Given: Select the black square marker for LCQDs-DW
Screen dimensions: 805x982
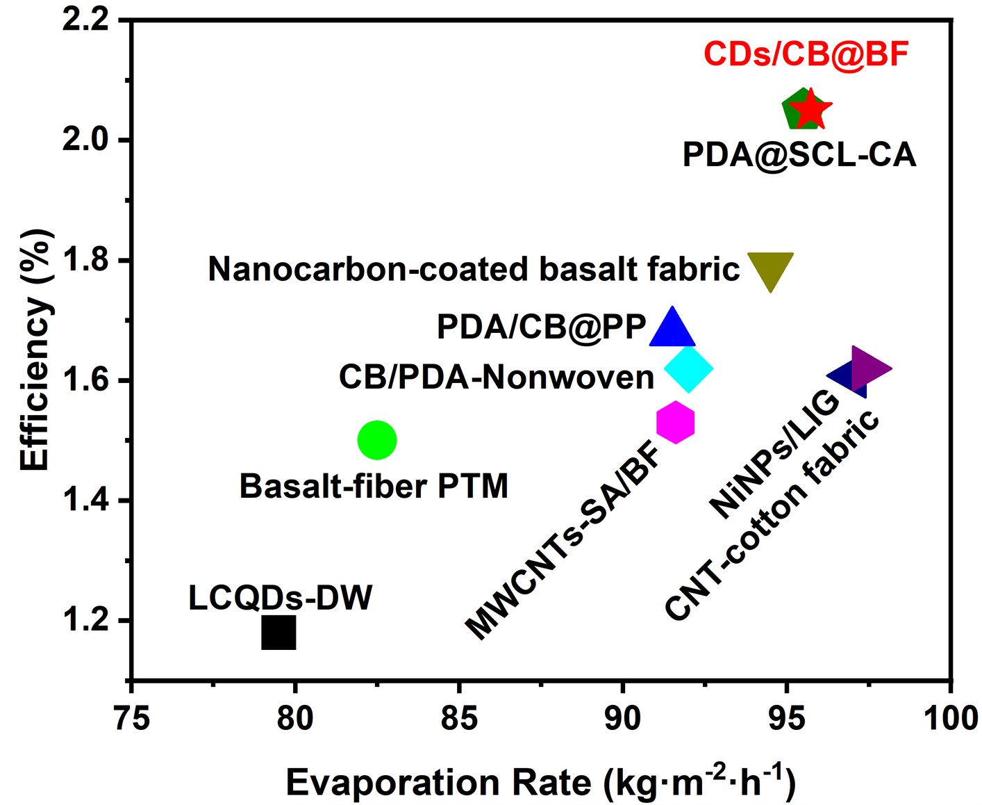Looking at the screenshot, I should (278, 632).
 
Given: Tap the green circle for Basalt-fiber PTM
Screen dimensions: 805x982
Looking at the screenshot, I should (377, 440).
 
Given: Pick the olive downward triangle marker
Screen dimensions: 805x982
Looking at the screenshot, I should (770, 269).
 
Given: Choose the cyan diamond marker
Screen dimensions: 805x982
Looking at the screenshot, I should (688, 368).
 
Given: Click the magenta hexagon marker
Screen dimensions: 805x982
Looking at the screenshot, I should (675, 422).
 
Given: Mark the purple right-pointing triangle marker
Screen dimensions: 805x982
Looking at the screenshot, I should (868, 368).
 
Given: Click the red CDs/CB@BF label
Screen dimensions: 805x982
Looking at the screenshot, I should (806, 54).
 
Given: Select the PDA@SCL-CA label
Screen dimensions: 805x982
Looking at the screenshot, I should (799, 155).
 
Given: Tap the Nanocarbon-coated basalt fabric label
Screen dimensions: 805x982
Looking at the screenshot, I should (474, 269).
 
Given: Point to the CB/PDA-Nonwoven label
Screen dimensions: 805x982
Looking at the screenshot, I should (497, 377).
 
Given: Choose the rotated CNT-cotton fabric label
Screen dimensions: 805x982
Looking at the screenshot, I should (771, 516).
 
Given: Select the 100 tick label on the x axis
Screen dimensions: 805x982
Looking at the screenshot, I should (950, 718).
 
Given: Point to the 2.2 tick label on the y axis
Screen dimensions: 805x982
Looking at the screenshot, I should (86, 20).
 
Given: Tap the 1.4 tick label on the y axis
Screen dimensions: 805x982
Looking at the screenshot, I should (86, 501).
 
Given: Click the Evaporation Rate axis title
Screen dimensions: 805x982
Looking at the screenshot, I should (540, 781).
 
